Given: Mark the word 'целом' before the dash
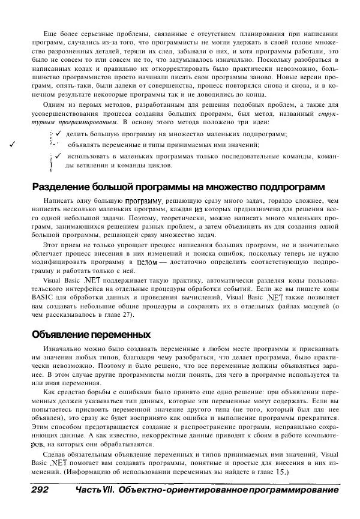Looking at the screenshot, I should point(146,262).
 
